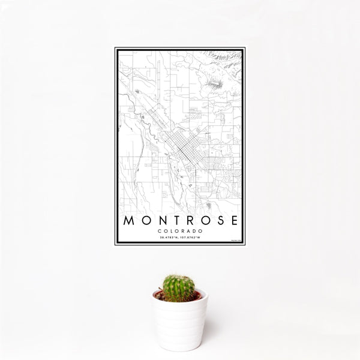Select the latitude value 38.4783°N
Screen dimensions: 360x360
click(x=169, y=238)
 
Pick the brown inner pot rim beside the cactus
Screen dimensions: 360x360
click(x=160, y=295)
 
